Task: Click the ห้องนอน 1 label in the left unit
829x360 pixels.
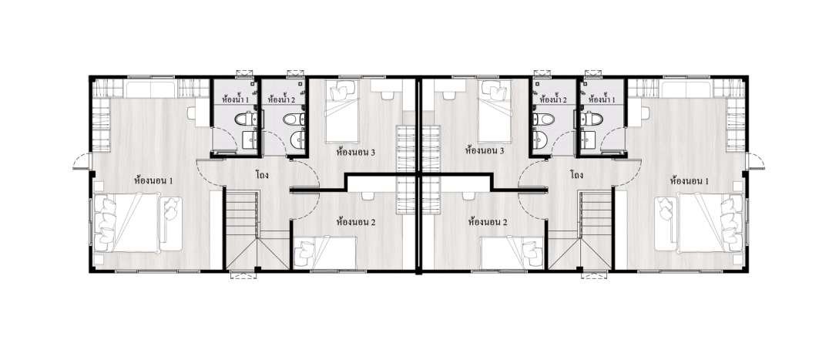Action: pos(154,181)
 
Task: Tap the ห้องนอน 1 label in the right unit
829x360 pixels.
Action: pos(689,181)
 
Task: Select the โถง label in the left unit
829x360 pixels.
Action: pos(262,174)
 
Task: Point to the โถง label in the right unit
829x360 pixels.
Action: pos(577,174)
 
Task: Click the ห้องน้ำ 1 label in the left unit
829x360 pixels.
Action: pos(235,99)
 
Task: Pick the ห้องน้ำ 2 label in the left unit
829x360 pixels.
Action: pos(281,99)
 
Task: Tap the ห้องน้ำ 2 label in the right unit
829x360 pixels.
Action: pos(552,99)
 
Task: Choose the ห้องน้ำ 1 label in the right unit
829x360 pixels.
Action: pos(602,99)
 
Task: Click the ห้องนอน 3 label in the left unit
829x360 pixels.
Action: pos(356,152)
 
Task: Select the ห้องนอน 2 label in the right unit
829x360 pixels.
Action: pos(488,222)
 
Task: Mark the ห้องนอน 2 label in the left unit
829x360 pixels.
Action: pos(356,222)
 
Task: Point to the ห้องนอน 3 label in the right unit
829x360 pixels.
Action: pos(485,150)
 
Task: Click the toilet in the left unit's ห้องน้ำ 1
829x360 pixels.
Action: pos(246,119)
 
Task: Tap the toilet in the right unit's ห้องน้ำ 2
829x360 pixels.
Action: pos(544,119)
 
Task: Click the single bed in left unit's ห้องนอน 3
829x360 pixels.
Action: pos(341,112)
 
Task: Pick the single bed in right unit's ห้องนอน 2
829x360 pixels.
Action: pos(509,253)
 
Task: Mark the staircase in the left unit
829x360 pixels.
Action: pos(257,230)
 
